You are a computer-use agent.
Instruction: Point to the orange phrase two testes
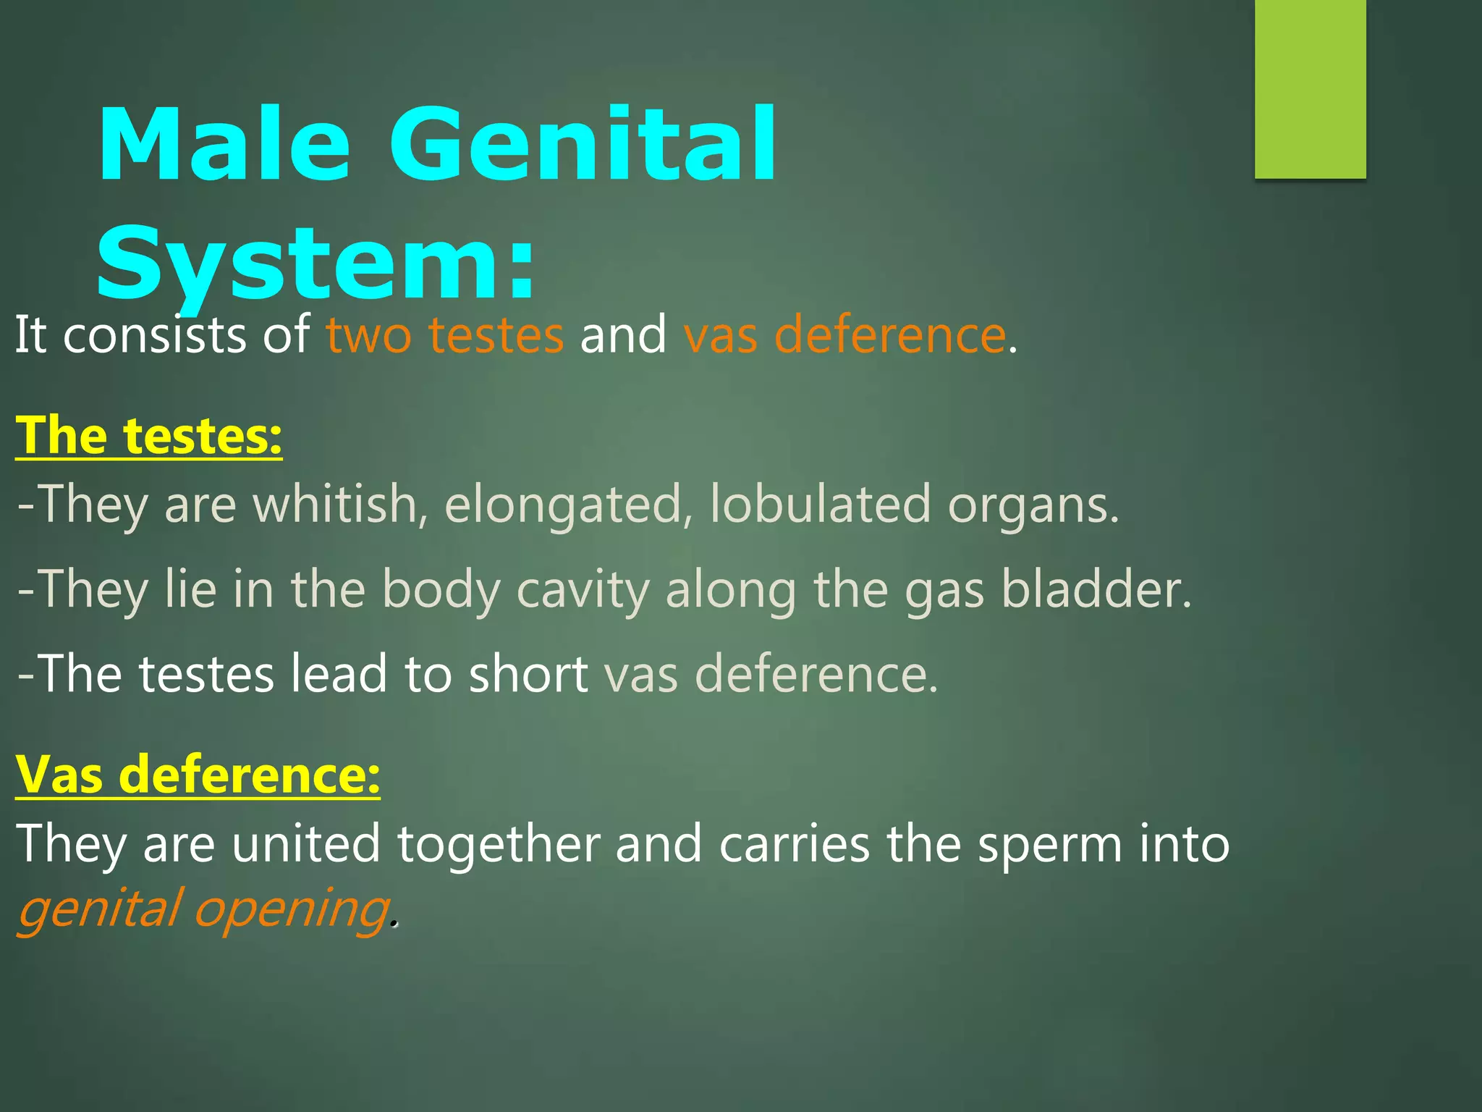coord(444,335)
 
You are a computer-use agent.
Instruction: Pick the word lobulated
coord(819,505)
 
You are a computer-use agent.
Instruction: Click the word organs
coord(1033,505)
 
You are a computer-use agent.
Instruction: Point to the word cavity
coord(583,589)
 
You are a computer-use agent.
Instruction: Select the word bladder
coord(1096,589)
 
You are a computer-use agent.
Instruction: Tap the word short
coord(528,674)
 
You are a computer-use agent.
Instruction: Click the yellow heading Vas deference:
coord(198,775)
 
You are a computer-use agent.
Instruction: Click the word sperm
coord(1049,844)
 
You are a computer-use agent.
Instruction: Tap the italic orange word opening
coord(292,909)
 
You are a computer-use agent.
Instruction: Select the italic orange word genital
coord(98,909)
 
